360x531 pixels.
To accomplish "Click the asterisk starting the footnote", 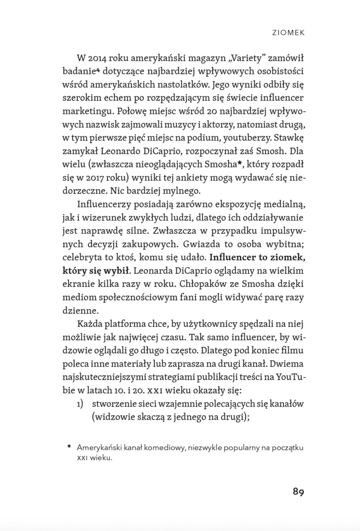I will pos(69,447).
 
